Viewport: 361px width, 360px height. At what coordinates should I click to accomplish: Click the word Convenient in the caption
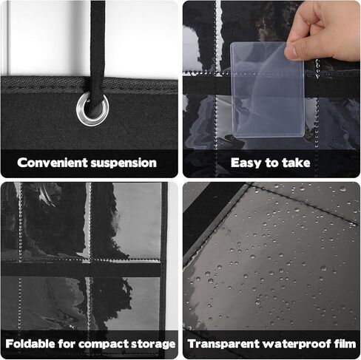point(53,163)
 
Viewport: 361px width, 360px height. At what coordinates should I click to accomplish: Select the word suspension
point(124,163)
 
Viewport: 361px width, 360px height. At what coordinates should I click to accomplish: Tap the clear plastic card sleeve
point(267,90)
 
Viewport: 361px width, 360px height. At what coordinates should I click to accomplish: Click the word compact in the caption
point(104,344)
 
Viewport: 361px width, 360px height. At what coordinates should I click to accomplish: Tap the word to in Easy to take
point(272,163)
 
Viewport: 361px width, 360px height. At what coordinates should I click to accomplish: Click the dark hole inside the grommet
point(93,109)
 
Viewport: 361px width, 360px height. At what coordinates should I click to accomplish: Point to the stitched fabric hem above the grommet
point(90,84)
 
